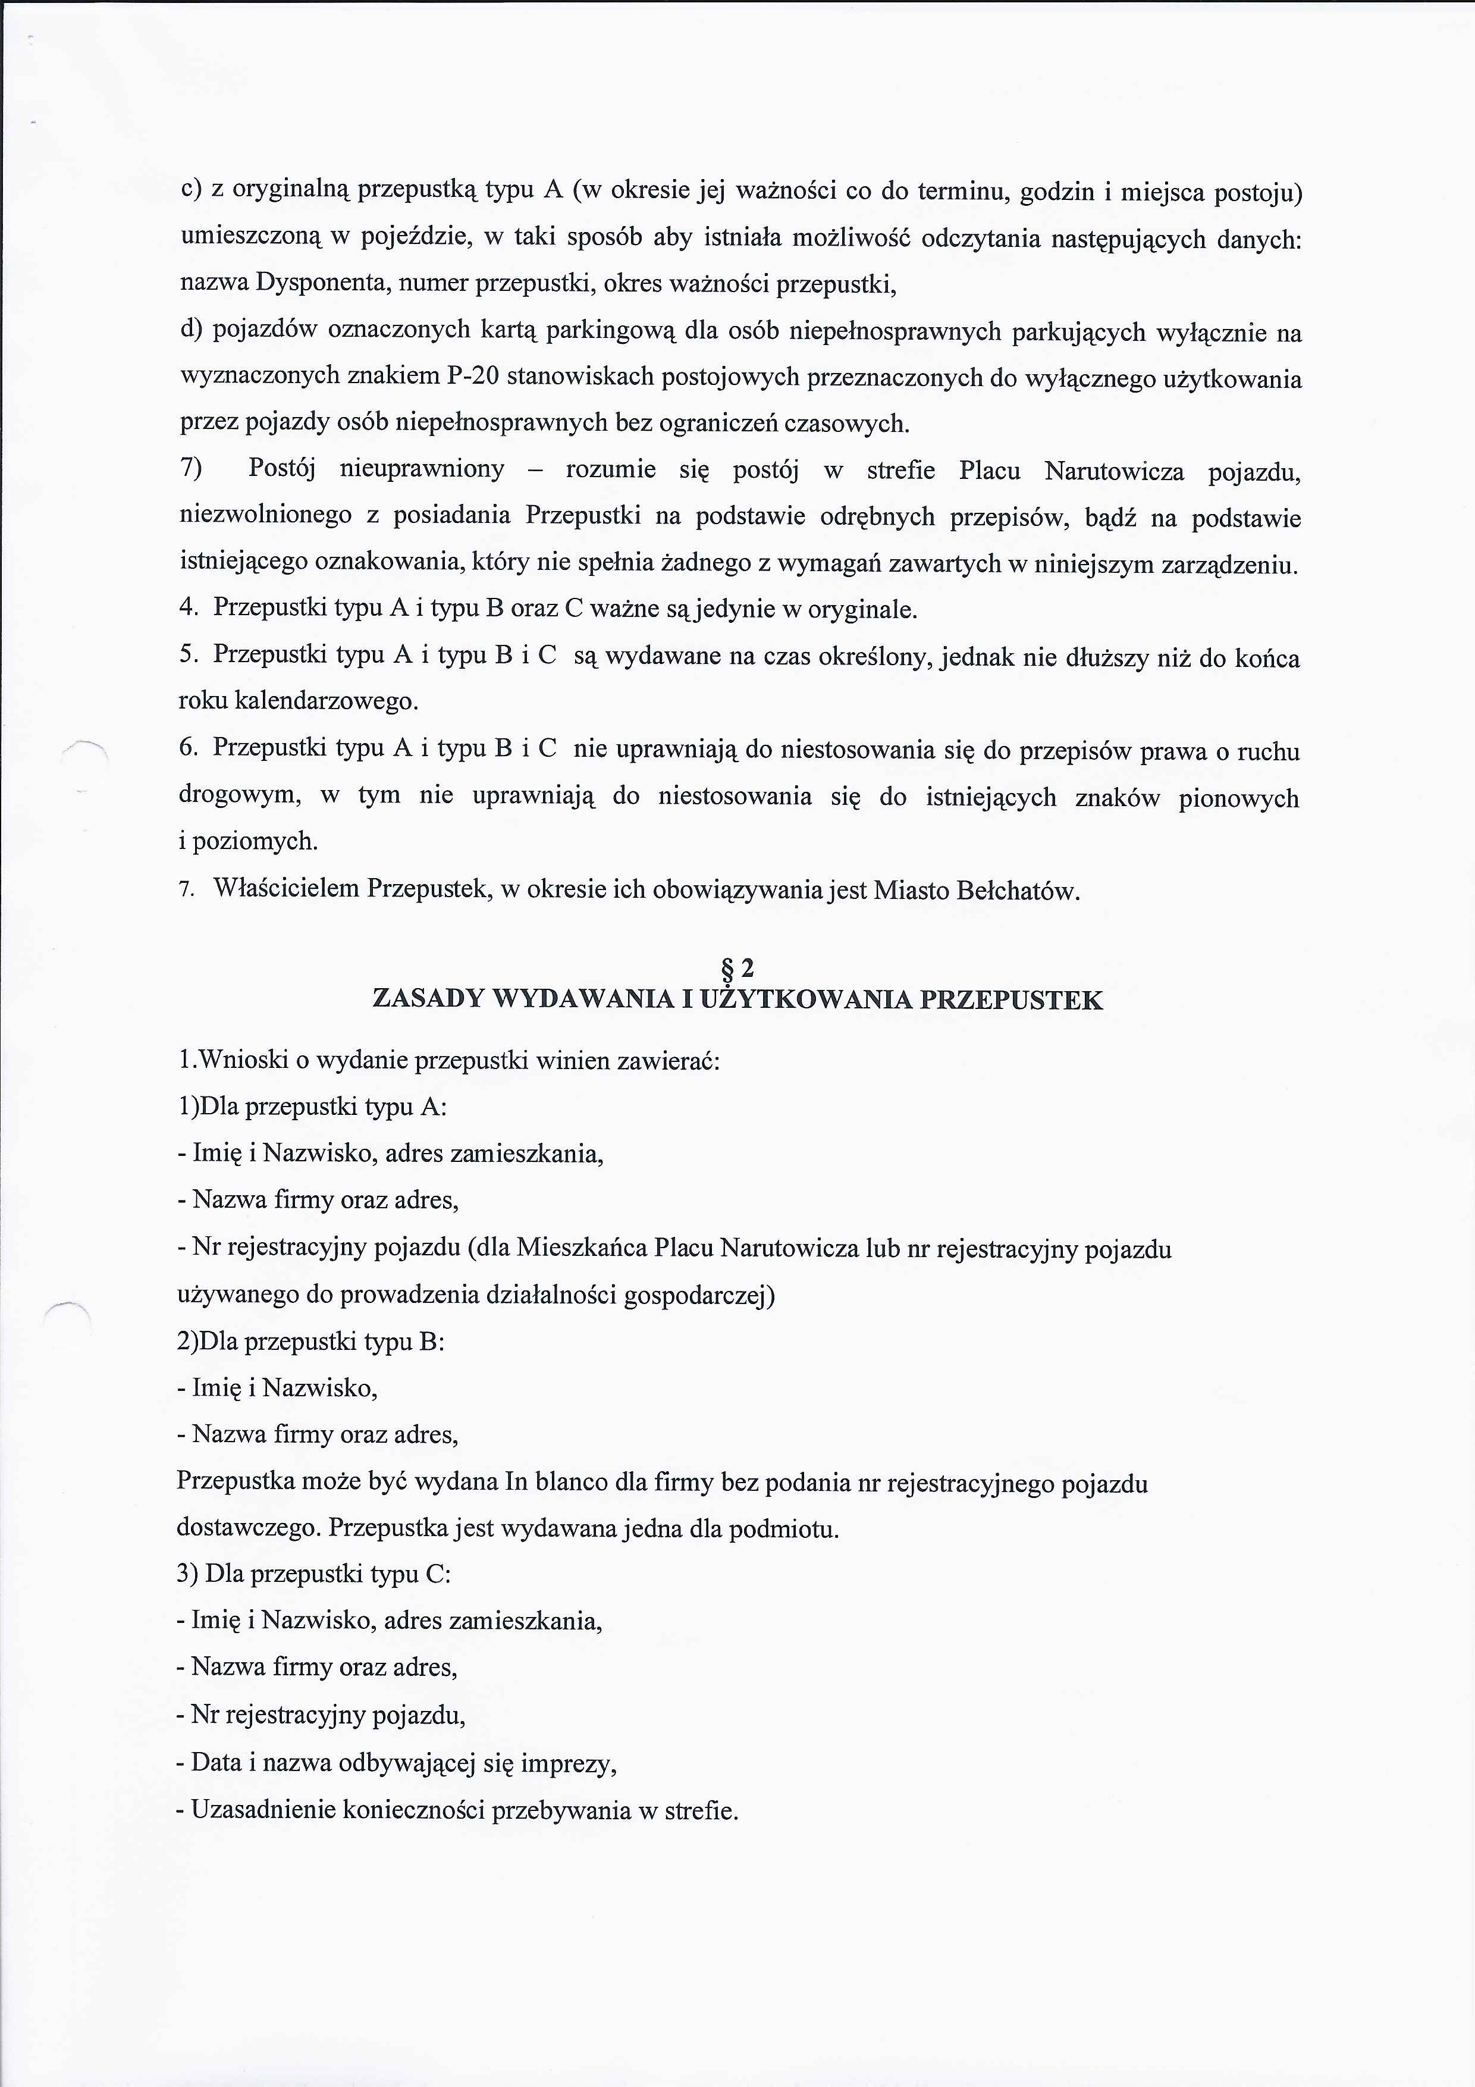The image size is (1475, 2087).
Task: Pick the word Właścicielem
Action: click(x=286, y=888)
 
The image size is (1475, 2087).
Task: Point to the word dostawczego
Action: click(x=249, y=1529)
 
